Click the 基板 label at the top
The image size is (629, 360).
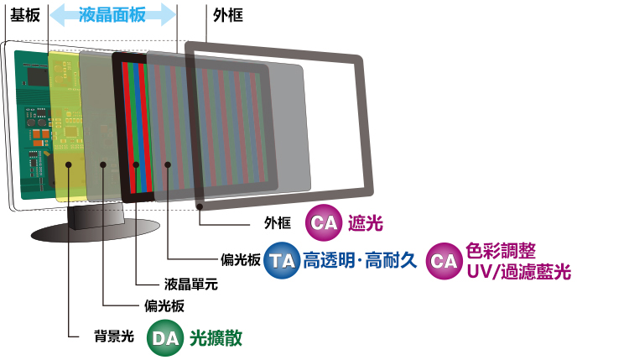(x=25, y=15)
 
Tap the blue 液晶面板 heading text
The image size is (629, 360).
(x=112, y=15)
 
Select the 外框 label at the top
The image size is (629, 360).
(x=228, y=15)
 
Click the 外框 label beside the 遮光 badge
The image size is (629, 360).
(x=278, y=222)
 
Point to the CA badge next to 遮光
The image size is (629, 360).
(x=324, y=222)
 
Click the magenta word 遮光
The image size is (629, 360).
(x=366, y=223)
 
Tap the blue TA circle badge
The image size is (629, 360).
(x=282, y=260)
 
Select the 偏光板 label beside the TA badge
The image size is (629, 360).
(x=241, y=259)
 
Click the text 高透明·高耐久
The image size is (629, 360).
(x=360, y=260)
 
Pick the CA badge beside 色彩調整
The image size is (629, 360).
(x=444, y=261)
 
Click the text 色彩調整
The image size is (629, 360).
(x=501, y=251)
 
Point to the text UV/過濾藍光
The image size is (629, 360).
(x=518, y=272)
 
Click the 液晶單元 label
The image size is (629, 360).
(x=191, y=284)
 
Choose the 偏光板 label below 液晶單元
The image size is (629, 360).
(x=164, y=305)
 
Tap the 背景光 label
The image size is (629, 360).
(x=114, y=337)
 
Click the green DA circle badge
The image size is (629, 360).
(x=165, y=338)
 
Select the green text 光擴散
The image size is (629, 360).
(x=216, y=338)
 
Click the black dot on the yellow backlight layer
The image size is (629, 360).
(x=69, y=164)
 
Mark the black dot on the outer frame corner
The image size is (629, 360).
(x=200, y=206)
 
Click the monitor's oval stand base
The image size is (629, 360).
(x=96, y=230)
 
